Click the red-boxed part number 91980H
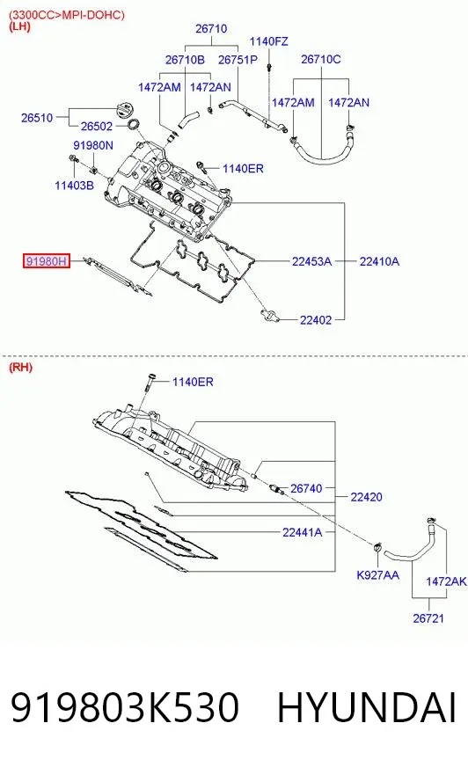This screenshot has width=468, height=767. (x=47, y=261)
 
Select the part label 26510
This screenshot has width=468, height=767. (x=37, y=118)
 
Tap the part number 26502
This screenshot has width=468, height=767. (x=97, y=126)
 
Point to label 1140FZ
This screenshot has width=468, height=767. (x=268, y=41)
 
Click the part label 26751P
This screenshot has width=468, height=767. (x=238, y=60)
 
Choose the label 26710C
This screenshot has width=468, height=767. (x=321, y=59)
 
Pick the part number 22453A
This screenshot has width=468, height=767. (x=311, y=262)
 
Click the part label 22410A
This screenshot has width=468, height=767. (x=379, y=262)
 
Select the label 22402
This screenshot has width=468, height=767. (x=316, y=320)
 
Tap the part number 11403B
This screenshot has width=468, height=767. (x=74, y=186)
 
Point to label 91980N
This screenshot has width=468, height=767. (x=93, y=145)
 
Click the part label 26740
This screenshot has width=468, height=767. (x=306, y=488)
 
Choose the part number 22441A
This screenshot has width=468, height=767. (x=303, y=532)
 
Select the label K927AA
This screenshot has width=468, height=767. (x=377, y=575)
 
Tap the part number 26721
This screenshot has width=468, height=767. (x=428, y=618)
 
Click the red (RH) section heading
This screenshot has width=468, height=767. (x=20, y=368)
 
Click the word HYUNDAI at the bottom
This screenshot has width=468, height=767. (x=367, y=707)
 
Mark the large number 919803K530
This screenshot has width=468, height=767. (x=125, y=707)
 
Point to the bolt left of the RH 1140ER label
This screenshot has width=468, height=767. (x=150, y=382)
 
